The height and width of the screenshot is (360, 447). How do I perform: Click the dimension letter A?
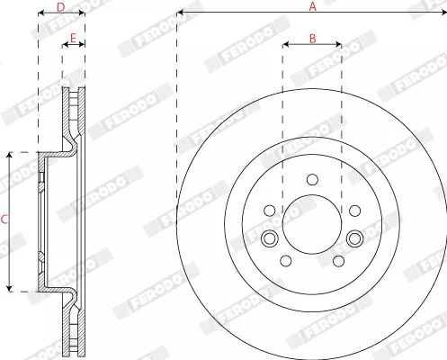[312, 6]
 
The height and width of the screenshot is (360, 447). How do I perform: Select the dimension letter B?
[312, 37]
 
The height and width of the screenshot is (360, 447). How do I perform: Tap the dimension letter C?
[4, 219]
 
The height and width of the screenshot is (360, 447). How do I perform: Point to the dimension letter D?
[60, 7]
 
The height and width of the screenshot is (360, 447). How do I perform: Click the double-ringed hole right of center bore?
[354, 238]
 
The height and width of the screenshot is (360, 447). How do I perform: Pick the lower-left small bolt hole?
[284, 260]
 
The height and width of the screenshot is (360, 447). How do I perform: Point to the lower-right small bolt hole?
[338, 260]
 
